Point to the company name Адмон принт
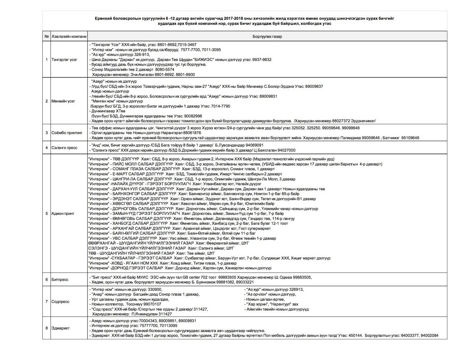63,213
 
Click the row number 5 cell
47,213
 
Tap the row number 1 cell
47,59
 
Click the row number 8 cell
47,327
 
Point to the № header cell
47,36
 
